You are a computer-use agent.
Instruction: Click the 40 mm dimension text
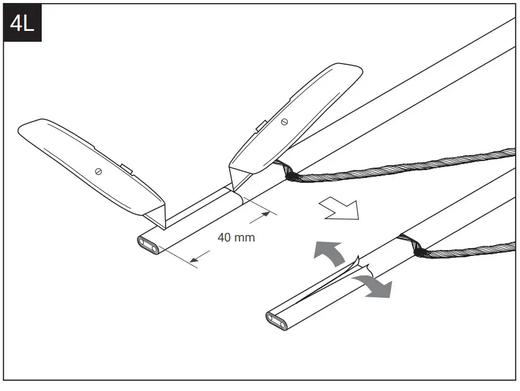(236, 237)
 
